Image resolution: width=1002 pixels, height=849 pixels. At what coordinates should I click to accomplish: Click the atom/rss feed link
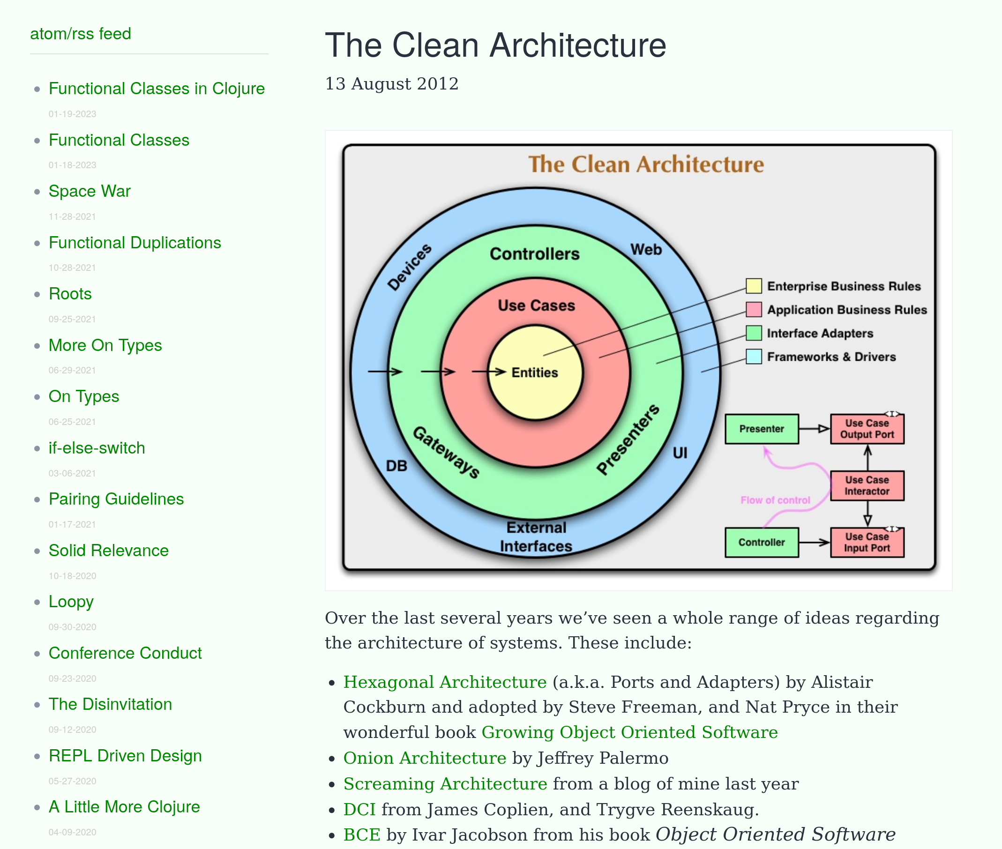pos(81,34)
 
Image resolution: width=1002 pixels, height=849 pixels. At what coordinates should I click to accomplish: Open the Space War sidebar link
pos(90,191)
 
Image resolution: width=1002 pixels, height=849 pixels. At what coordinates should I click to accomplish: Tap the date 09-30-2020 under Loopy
pos(72,626)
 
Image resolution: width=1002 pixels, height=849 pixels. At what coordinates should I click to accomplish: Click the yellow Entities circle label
pos(534,372)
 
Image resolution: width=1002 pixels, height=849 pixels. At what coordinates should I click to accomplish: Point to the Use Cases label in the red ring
pos(536,305)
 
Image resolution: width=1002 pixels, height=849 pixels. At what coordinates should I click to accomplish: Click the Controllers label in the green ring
pos(534,253)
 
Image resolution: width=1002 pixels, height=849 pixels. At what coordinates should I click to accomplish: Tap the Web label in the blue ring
pos(646,249)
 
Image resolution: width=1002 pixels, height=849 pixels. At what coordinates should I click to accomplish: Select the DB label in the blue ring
pos(396,465)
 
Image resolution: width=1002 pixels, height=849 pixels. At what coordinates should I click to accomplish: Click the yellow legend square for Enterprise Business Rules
pos(753,286)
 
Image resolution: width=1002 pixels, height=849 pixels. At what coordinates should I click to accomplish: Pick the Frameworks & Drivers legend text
pos(831,357)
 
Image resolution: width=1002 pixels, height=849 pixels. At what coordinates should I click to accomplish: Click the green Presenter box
pos(761,428)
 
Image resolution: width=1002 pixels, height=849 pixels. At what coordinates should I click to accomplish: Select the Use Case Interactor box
pos(867,485)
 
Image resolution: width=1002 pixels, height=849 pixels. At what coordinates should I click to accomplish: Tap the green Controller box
pos(761,542)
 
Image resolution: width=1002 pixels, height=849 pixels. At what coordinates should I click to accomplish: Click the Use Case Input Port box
pos(867,542)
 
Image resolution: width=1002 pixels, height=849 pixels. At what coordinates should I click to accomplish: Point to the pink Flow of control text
pos(775,500)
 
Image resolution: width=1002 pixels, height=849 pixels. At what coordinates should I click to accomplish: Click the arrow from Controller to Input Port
pos(814,542)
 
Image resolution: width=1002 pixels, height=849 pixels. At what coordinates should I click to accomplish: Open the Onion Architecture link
pos(424,758)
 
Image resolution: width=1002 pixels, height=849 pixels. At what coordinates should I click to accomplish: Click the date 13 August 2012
pos(391,84)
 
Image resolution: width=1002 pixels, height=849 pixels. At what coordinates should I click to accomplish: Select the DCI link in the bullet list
pos(359,809)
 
